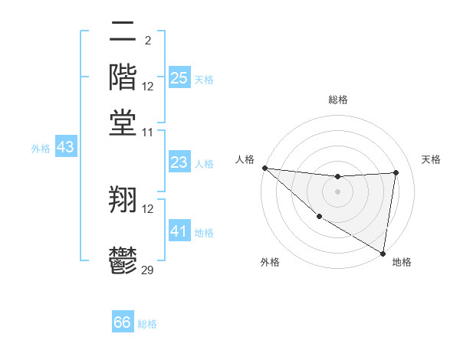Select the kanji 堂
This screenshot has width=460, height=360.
click(x=123, y=122)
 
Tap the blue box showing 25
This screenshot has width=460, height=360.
click(x=179, y=78)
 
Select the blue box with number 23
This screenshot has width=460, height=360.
click(x=179, y=162)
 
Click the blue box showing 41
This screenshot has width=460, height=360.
click(x=179, y=231)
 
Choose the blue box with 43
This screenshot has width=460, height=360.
click(x=65, y=147)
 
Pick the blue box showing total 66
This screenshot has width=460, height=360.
click(x=123, y=322)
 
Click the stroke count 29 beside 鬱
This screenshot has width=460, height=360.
click(x=148, y=270)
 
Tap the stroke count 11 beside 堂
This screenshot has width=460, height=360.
click(x=148, y=132)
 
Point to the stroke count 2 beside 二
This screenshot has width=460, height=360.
click(x=147, y=40)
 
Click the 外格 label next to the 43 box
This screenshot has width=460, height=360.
click(x=40, y=149)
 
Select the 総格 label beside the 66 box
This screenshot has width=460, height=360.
click(x=147, y=324)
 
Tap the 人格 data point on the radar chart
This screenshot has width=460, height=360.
click(x=264, y=168)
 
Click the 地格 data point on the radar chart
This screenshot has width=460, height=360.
click(x=383, y=252)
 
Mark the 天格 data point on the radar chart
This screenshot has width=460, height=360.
click(x=396, y=172)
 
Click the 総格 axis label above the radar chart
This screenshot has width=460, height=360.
click(x=337, y=100)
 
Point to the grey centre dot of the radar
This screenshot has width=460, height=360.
click(x=337, y=191)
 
